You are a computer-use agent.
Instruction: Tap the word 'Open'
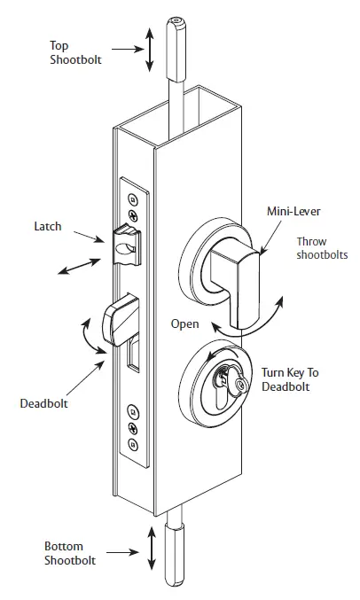coord(184,324)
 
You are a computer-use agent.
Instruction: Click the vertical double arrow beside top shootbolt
coord(150,50)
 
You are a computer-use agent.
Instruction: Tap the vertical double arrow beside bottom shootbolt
coord(151,553)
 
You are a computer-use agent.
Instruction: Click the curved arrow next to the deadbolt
coord(88,339)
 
